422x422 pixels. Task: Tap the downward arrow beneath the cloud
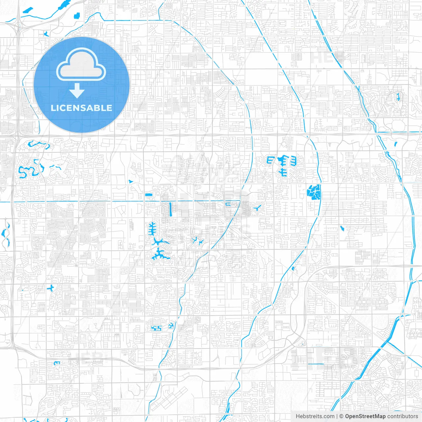77,90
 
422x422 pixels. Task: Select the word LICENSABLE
81,108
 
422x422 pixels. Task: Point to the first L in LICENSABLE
53,108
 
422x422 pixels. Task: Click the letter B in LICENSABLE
97,108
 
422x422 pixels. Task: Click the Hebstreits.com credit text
315,416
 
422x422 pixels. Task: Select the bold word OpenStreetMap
365,416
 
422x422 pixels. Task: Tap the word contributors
403,416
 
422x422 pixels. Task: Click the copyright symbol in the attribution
341,416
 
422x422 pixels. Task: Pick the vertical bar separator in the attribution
337,416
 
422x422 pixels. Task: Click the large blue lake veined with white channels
314,192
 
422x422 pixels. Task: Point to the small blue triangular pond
131,181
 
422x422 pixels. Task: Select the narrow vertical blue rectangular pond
170,209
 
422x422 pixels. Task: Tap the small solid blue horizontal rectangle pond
149,195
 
